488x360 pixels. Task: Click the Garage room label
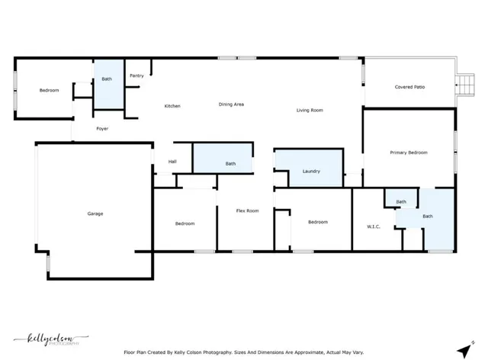pyautogui.click(x=95, y=214)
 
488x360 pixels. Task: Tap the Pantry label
pyautogui.click(x=136, y=76)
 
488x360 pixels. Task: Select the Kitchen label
pyautogui.click(x=172, y=106)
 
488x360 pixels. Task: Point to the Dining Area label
pyautogui.click(x=231, y=104)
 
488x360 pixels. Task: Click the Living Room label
pyautogui.click(x=310, y=111)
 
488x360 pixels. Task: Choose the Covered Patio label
pyautogui.click(x=409, y=87)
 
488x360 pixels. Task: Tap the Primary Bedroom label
pyautogui.click(x=409, y=153)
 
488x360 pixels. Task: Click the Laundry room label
pyautogui.click(x=311, y=172)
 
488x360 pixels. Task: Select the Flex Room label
pyautogui.click(x=247, y=211)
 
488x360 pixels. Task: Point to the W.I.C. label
pyautogui.click(x=374, y=227)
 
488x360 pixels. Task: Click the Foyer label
pyautogui.click(x=102, y=129)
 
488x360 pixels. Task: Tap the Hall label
pyautogui.click(x=172, y=161)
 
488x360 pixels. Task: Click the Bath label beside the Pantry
pyautogui.click(x=107, y=79)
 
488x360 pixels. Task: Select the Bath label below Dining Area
pyautogui.click(x=230, y=164)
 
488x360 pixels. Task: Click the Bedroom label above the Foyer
pyautogui.click(x=49, y=91)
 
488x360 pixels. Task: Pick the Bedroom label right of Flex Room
pyautogui.click(x=317, y=222)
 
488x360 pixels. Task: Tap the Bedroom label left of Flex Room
pyautogui.click(x=185, y=223)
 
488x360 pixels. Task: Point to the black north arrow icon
pyautogui.click(x=462, y=349)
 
